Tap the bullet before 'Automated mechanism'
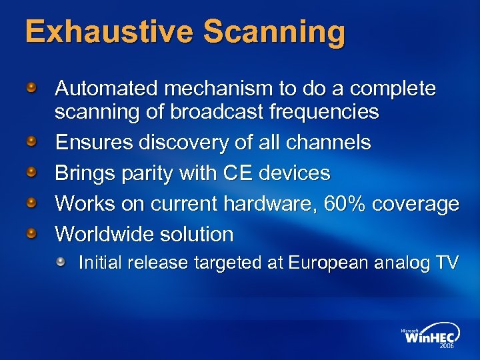pos(31,88)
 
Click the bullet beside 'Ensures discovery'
pos(31,143)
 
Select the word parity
pos(148,173)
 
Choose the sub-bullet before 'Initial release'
pos(61,263)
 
